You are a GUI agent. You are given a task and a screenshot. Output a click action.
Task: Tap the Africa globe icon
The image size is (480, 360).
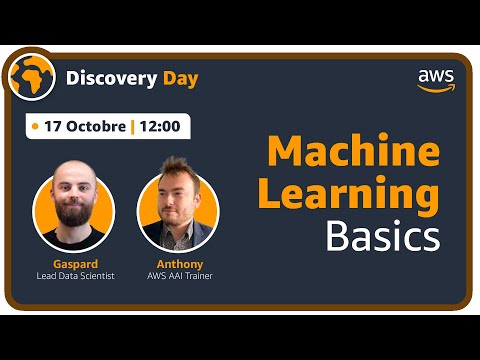click(29, 75)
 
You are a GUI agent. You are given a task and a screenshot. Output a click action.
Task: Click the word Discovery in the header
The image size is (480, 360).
click(105, 77)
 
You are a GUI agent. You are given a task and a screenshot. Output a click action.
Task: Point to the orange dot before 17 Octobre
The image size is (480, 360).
click(36, 127)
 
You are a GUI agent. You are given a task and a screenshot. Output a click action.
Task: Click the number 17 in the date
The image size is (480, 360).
click(52, 127)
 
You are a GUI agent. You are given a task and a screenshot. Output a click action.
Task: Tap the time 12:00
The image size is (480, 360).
click(159, 127)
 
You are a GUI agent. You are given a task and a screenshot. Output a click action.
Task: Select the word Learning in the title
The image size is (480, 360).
click(349, 194)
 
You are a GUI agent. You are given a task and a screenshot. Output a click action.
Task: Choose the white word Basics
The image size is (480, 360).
click(382, 237)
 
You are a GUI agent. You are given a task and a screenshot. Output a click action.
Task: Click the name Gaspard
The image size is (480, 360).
click(74, 264)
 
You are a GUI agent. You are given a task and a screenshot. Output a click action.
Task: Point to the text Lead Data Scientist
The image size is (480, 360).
click(75, 276)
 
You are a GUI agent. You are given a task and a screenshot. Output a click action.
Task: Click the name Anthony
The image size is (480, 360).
click(177, 264)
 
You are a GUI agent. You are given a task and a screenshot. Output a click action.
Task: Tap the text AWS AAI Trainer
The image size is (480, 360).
click(177, 276)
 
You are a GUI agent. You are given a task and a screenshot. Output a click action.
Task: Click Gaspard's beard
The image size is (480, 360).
click(72, 214)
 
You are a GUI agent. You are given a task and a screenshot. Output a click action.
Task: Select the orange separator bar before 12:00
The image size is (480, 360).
click(132, 127)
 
